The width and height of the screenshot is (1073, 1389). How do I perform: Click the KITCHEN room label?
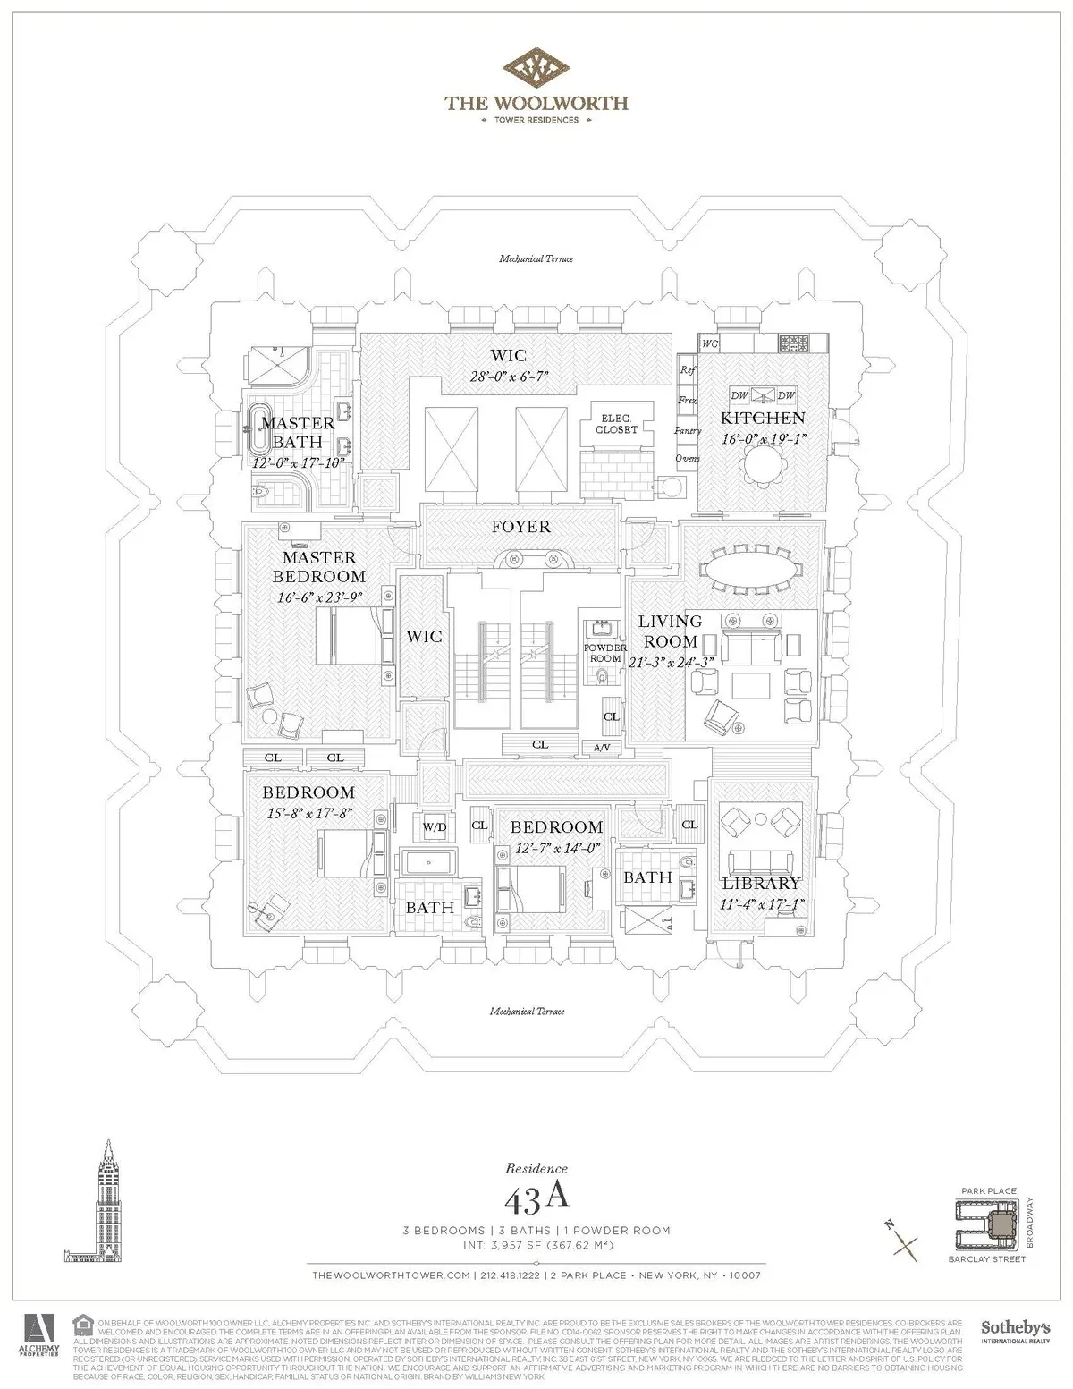coord(763,418)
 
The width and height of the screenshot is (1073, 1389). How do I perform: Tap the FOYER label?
coord(520,527)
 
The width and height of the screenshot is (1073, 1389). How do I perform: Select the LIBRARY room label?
coord(761,884)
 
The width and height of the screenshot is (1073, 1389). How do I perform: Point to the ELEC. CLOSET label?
coord(617,424)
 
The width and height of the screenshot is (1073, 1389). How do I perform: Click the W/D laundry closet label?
coord(435,827)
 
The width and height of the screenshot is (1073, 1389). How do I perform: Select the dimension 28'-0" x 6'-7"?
coord(515,377)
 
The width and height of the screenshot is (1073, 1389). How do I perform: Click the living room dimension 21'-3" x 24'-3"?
coord(671,663)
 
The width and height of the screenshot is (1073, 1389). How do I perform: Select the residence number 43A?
coord(536,1194)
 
